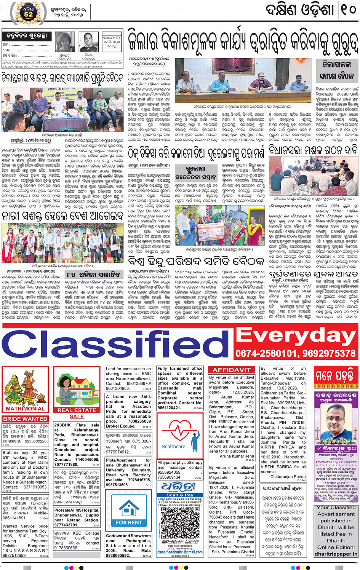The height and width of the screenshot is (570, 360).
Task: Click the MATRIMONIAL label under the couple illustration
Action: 25,409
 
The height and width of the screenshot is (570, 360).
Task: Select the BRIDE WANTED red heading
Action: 25,419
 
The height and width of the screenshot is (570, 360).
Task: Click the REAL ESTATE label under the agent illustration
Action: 77,410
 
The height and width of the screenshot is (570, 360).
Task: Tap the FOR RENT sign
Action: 129,523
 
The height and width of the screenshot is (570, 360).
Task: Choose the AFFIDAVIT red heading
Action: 231,370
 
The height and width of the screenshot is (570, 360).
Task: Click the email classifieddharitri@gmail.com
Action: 180,552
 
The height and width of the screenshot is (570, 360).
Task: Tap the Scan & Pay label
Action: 180,495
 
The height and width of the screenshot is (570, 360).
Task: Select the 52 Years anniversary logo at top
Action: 28,13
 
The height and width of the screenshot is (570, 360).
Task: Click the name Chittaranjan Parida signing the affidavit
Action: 288,477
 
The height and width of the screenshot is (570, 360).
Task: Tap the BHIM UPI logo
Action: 180,541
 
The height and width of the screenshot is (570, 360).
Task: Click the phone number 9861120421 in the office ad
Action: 169,407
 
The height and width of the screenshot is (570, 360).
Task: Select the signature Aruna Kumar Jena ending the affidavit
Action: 237,456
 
